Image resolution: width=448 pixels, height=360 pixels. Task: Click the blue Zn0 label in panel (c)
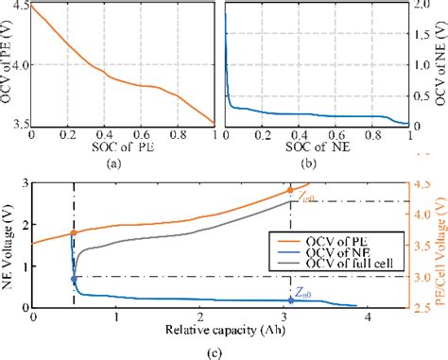(x=304, y=294)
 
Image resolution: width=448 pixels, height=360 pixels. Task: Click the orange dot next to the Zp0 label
(x=290, y=190)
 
